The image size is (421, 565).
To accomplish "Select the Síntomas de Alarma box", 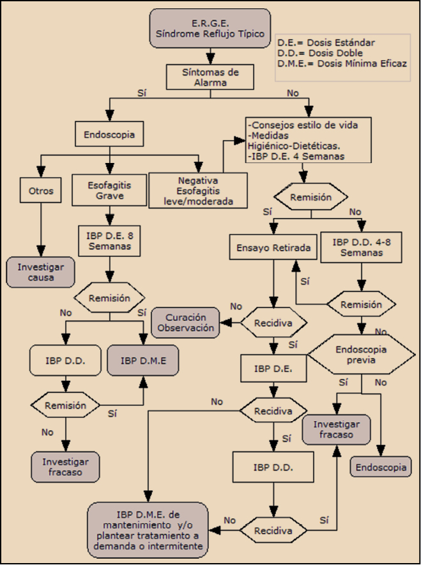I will pos(211,76).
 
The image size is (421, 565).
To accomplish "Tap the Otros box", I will pos(41,191).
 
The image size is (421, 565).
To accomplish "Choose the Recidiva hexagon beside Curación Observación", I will pos(273,323).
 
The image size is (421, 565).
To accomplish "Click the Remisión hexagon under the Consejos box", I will pos(311,197).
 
